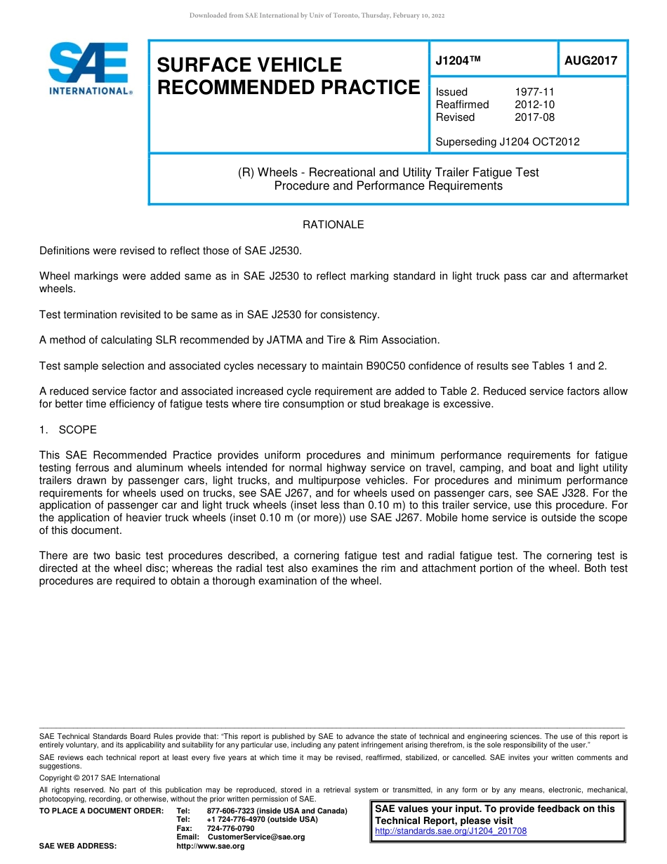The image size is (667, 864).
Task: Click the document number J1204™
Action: click(458, 60)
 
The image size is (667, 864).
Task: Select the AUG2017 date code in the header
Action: click(590, 60)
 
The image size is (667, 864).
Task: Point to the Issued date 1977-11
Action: click(534, 92)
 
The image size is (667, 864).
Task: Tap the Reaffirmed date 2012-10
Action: click(534, 105)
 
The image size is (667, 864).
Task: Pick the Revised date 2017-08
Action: click(534, 117)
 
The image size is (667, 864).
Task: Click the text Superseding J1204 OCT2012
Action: click(507, 142)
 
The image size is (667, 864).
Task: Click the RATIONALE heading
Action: click(333, 225)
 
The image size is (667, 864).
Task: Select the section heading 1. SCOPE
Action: click(68, 429)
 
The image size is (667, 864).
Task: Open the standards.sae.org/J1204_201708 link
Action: click(451, 831)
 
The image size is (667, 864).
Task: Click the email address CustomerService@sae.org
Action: click(256, 837)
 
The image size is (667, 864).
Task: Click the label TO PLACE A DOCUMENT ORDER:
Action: click(101, 811)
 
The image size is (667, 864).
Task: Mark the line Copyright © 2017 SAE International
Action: click(100, 778)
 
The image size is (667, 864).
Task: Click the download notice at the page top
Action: click(317, 15)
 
